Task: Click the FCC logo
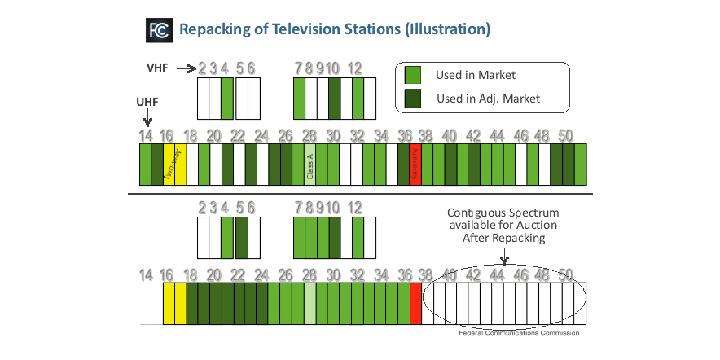click(x=157, y=30)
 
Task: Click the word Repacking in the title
click(x=216, y=30)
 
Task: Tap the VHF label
click(x=158, y=69)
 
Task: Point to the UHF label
click(x=147, y=103)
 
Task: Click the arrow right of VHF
click(x=186, y=69)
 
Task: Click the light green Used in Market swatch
click(x=413, y=75)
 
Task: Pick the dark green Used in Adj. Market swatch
click(x=413, y=99)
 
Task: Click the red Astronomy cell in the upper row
click(x=415, y=163)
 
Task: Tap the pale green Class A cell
click(x=310, y=163)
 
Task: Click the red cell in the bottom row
click(x=415, y=303)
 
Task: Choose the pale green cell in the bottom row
click(x=310, y=303)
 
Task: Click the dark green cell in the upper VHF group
click(x=334, y=98)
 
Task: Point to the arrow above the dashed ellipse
click(x=503, y=257)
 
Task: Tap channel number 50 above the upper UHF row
click(x=568, y=135)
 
